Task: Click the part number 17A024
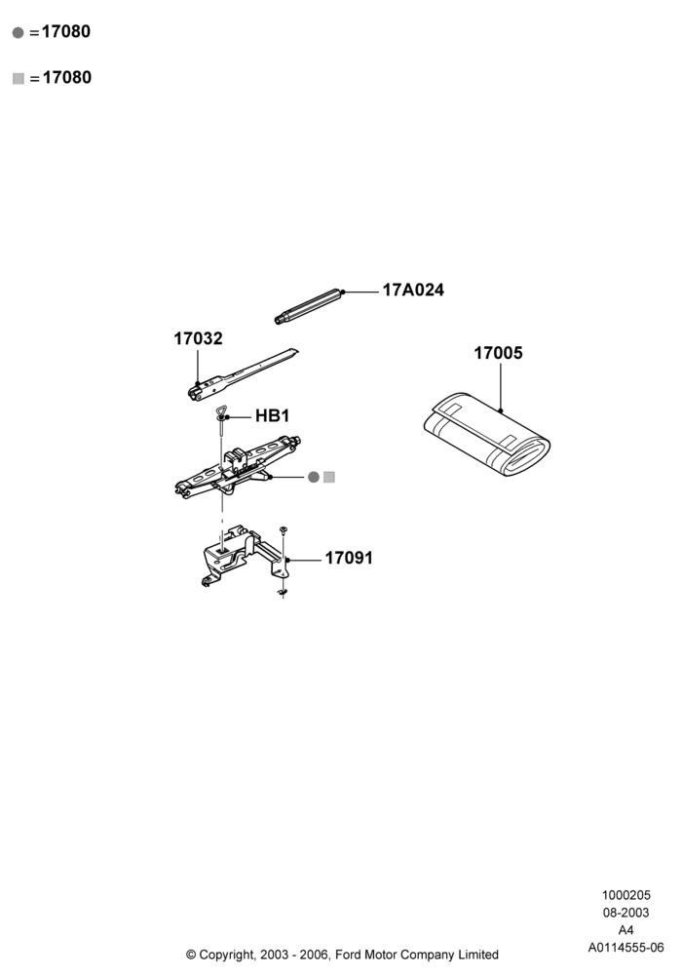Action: pyautogui.click(x=413, y=291)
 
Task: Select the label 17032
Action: pyautogui.click(x=198, y=338)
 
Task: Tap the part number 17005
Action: pyautogui.click(x=498, y=353)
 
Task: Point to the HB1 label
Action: pyautogui.click(x=272, y=416)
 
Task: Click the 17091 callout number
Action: pyautogui.click(x=349, y=558)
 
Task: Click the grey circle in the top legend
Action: pyautogui.click(x=18, y=32)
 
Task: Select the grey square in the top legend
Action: pyautogui.click(x=18, y=78)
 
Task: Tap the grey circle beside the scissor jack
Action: pyautogui.click(x=314, y=477)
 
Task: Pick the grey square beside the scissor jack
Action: pyautogui.click(x=329, y=477)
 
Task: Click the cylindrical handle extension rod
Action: pyautogui.click(x=309, y=306)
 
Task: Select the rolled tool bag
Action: pyautogui.click(x=487, y=434)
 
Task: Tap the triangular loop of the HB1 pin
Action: pyautogui.click(x=221, y=412)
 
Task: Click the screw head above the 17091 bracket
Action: pyautogui.click(x=284, y=529)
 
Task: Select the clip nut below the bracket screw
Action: pyautogui.click(x=284, y=593)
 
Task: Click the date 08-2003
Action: pyautogui.click(x=626, y=913)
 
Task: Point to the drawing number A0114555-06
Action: pyautogui.click(x=626, y=948)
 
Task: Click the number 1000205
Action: pyautogui.click(x=626, y=895)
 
